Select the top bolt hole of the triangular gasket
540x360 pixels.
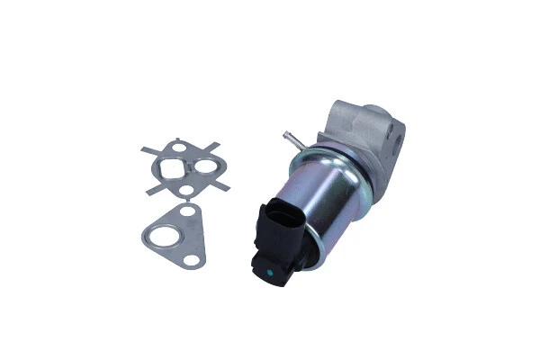[186, 212]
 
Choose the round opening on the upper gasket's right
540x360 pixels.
[206, 167]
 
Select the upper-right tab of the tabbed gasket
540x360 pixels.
[217, 146]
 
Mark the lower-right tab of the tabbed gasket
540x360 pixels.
[222, 187]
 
